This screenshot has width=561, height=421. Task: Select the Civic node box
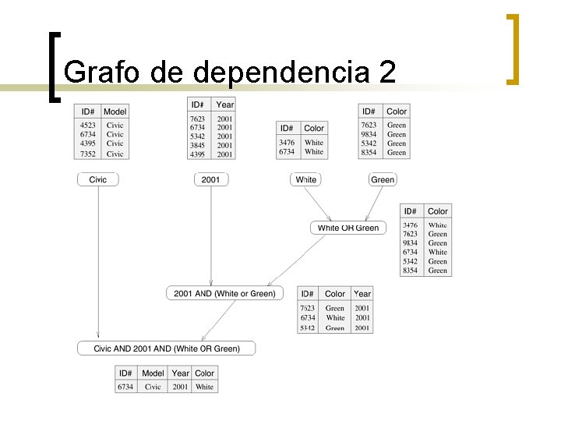coord(98,179)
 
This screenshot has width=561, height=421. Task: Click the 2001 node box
coord(210,179)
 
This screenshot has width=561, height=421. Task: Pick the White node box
coord(306,179)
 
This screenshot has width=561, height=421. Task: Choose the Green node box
coord(383,179)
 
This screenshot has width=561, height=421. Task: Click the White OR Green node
coord(348,228)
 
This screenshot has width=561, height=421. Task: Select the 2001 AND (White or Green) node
coord(224,293)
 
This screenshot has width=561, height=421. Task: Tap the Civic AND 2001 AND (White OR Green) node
coord(167,348)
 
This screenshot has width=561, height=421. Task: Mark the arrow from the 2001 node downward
coord(211,234)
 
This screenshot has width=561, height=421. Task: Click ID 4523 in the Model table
coord(88,125)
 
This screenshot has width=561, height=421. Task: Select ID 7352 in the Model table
coord(88,154)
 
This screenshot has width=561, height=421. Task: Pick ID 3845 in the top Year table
coord(198,145)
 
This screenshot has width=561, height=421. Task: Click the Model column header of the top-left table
coord(115,111)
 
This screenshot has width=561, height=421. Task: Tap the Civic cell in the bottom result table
coord(153,387)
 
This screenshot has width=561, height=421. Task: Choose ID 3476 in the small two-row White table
coord(287,143)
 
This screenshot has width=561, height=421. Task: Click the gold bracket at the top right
coord(511,48)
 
